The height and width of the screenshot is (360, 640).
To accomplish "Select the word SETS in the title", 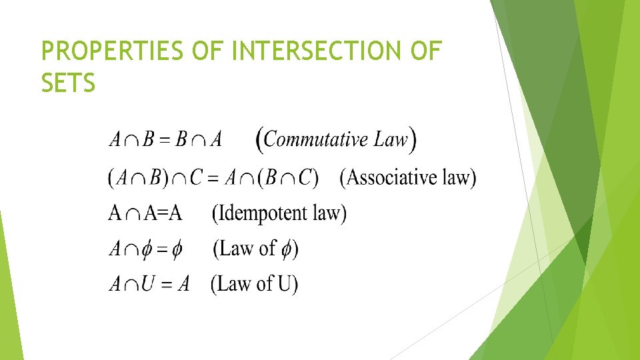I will point(68,84).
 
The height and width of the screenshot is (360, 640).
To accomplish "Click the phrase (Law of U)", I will point(254,284).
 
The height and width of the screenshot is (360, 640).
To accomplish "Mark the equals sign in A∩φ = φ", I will point(157,250).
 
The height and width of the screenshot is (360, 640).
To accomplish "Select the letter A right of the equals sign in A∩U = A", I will point(183,285).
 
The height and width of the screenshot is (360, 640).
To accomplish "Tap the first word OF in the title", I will point(211,51).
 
